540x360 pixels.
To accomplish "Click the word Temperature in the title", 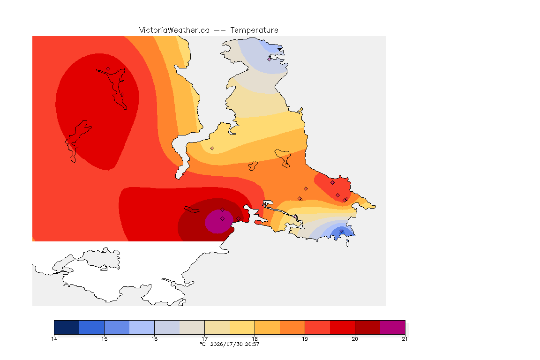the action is pos(254,30).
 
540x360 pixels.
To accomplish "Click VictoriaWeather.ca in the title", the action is pos(174,30).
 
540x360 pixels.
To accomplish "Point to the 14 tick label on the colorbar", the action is pos(54,339).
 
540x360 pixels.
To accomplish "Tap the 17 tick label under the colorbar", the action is pos(204,339).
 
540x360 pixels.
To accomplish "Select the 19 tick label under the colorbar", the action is pos(305,339).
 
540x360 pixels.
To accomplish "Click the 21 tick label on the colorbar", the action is pos(405,339).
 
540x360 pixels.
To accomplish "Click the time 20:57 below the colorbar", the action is pos(252,344).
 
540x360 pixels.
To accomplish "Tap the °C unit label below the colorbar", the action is pos(202,344).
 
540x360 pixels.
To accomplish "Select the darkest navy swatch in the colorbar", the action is pos(67,327).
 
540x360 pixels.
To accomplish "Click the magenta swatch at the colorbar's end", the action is pos(393,327).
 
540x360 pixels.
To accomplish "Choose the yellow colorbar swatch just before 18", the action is pos(242,327).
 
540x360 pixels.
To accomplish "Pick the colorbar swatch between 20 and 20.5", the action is pos(367,327).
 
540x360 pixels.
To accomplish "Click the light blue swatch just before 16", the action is pos(142,327).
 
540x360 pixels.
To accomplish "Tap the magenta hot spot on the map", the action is pos(219,221).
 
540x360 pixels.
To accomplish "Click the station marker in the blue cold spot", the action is pos(341,231).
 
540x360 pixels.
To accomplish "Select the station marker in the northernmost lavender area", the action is pos(270,59).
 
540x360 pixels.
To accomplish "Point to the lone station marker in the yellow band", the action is pos(212,149).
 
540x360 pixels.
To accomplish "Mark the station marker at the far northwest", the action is pos(108,69).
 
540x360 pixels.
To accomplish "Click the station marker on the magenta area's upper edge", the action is pos(223,210).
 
